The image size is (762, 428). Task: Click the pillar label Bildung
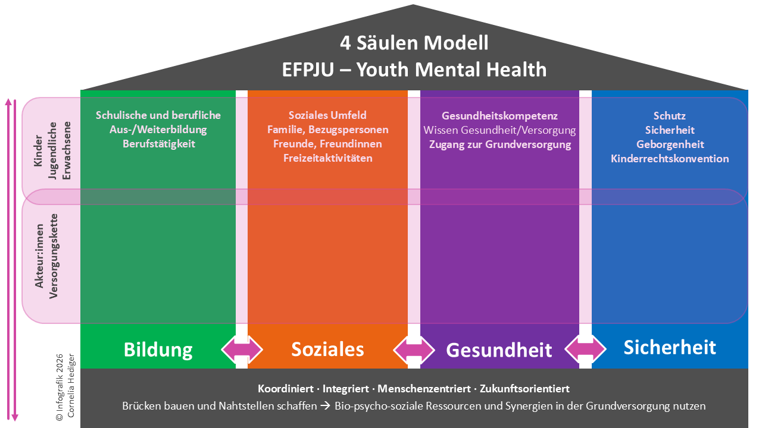(x=158, y=350)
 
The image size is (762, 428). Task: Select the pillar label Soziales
(x=327, y=349)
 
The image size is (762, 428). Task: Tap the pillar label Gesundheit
(x=499, y=350)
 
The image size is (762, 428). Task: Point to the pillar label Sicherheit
(x=669, y=347)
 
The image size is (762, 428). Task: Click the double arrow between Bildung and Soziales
(x=242, y=349)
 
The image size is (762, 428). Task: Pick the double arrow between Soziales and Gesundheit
(x=414, y=349)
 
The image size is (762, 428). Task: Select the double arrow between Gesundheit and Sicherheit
(x=585, y=349)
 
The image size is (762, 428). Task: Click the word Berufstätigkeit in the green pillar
(x=159, y=144)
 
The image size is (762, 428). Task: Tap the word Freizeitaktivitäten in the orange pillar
(x=327, y=158)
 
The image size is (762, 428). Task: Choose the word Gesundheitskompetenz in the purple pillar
(x=499, y=115)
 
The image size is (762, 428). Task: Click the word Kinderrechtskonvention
(x=670, y=159)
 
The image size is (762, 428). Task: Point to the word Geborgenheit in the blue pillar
(x=670, y=144)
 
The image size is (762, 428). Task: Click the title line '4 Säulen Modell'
(x=414, y=43)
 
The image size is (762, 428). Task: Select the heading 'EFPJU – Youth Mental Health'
(x=414, y=69)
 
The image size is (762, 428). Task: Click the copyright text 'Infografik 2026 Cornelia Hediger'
(x=65, y=388)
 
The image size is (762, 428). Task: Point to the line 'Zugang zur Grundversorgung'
(x=499, y=144)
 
